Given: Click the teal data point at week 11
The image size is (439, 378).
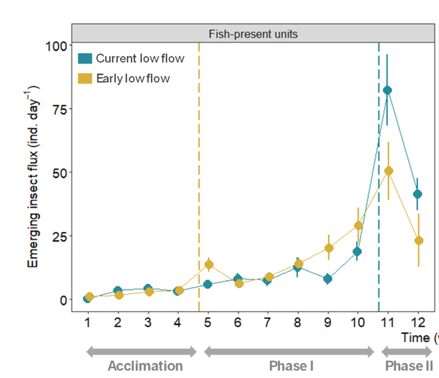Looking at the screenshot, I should click(387, 90).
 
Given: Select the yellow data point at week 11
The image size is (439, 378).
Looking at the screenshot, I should click(389, 171).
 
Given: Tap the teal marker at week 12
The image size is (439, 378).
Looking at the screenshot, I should click(417, 194).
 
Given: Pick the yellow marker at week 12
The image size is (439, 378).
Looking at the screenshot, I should click(419, 241).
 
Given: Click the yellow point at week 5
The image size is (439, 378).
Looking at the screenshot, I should click(209, 264).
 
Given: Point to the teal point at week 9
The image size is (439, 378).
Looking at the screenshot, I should click(327, 279).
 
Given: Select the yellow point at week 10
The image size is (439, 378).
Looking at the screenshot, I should click(358, 226).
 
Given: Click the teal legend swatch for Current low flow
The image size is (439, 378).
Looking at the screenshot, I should click(85, 58).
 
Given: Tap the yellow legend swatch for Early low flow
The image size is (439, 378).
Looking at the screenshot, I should click(85, 78).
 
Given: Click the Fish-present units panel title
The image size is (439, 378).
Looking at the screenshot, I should click(253, 34).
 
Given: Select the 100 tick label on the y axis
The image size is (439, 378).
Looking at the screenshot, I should click(56, 46).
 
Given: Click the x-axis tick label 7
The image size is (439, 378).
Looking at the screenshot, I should click(268, 322).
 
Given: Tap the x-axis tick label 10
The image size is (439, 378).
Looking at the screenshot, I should click(358, 322).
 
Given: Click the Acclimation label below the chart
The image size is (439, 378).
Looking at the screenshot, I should click(145, 366).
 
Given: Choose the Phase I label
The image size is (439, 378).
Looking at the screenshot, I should click(291, 366).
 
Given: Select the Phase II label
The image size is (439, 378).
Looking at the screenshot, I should click(409, 366).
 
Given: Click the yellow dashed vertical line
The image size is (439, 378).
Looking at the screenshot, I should click(199, 173).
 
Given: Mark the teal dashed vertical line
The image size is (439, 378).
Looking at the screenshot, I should click(379, 202).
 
